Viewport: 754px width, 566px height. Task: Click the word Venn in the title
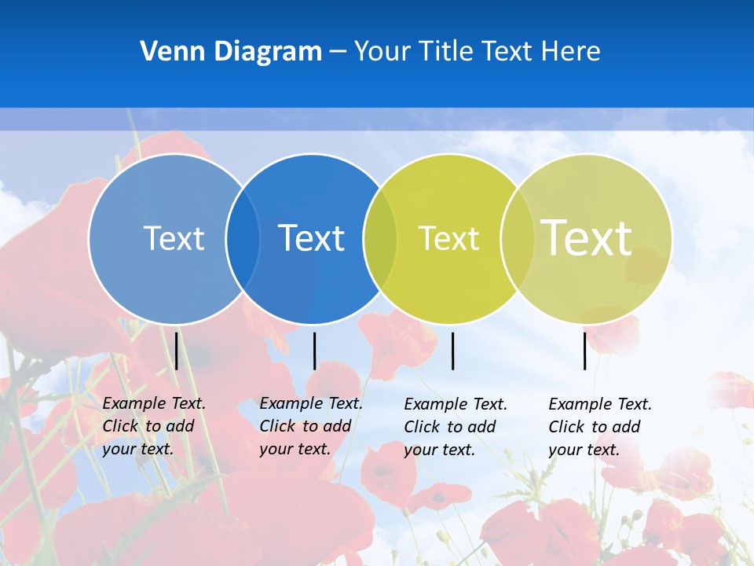click(x=168, y=51)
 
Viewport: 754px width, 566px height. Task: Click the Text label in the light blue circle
click(x=174, y=238)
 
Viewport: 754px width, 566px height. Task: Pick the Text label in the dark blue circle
click(x=311, y=238)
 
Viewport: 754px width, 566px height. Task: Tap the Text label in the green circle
click(x=448, y=238)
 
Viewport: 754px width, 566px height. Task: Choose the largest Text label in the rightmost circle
click(x=586, y=237)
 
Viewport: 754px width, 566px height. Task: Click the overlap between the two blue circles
click(x=243, y=239)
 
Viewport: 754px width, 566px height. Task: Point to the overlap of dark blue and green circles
click(x=380, y=239)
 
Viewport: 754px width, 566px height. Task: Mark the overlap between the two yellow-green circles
click(x=517, y=239)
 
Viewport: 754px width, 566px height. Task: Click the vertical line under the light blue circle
click(x=177, y=351)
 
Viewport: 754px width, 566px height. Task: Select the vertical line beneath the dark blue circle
click(x=314, y=351)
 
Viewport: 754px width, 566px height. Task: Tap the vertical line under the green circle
click(x=453, y=351)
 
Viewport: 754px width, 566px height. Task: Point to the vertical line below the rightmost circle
click(x=585, y=351)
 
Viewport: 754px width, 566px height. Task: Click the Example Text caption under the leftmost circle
click(x=153, y=426)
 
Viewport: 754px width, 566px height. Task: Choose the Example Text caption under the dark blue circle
click(x=310, y=426)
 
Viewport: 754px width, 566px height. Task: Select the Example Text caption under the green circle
click(x=455, y=427)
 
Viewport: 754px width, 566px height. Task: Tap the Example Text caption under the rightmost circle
click(x=599, y=427)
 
